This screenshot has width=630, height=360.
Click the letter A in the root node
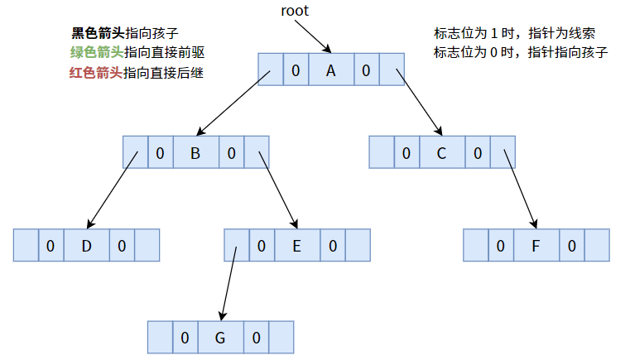330,71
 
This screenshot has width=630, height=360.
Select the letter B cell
195,153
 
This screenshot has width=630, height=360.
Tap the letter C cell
441,153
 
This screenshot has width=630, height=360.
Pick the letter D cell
86,246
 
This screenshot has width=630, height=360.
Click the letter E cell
296,246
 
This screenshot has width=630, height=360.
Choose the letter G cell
220,338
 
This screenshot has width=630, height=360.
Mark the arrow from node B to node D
112,190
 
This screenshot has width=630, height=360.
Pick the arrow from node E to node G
228,281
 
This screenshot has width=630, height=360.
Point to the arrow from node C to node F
519,190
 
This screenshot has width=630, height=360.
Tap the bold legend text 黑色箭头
98,34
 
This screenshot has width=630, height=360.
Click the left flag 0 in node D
50,246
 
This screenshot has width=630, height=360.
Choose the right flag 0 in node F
572,246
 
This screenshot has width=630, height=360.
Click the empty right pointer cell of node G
281,338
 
